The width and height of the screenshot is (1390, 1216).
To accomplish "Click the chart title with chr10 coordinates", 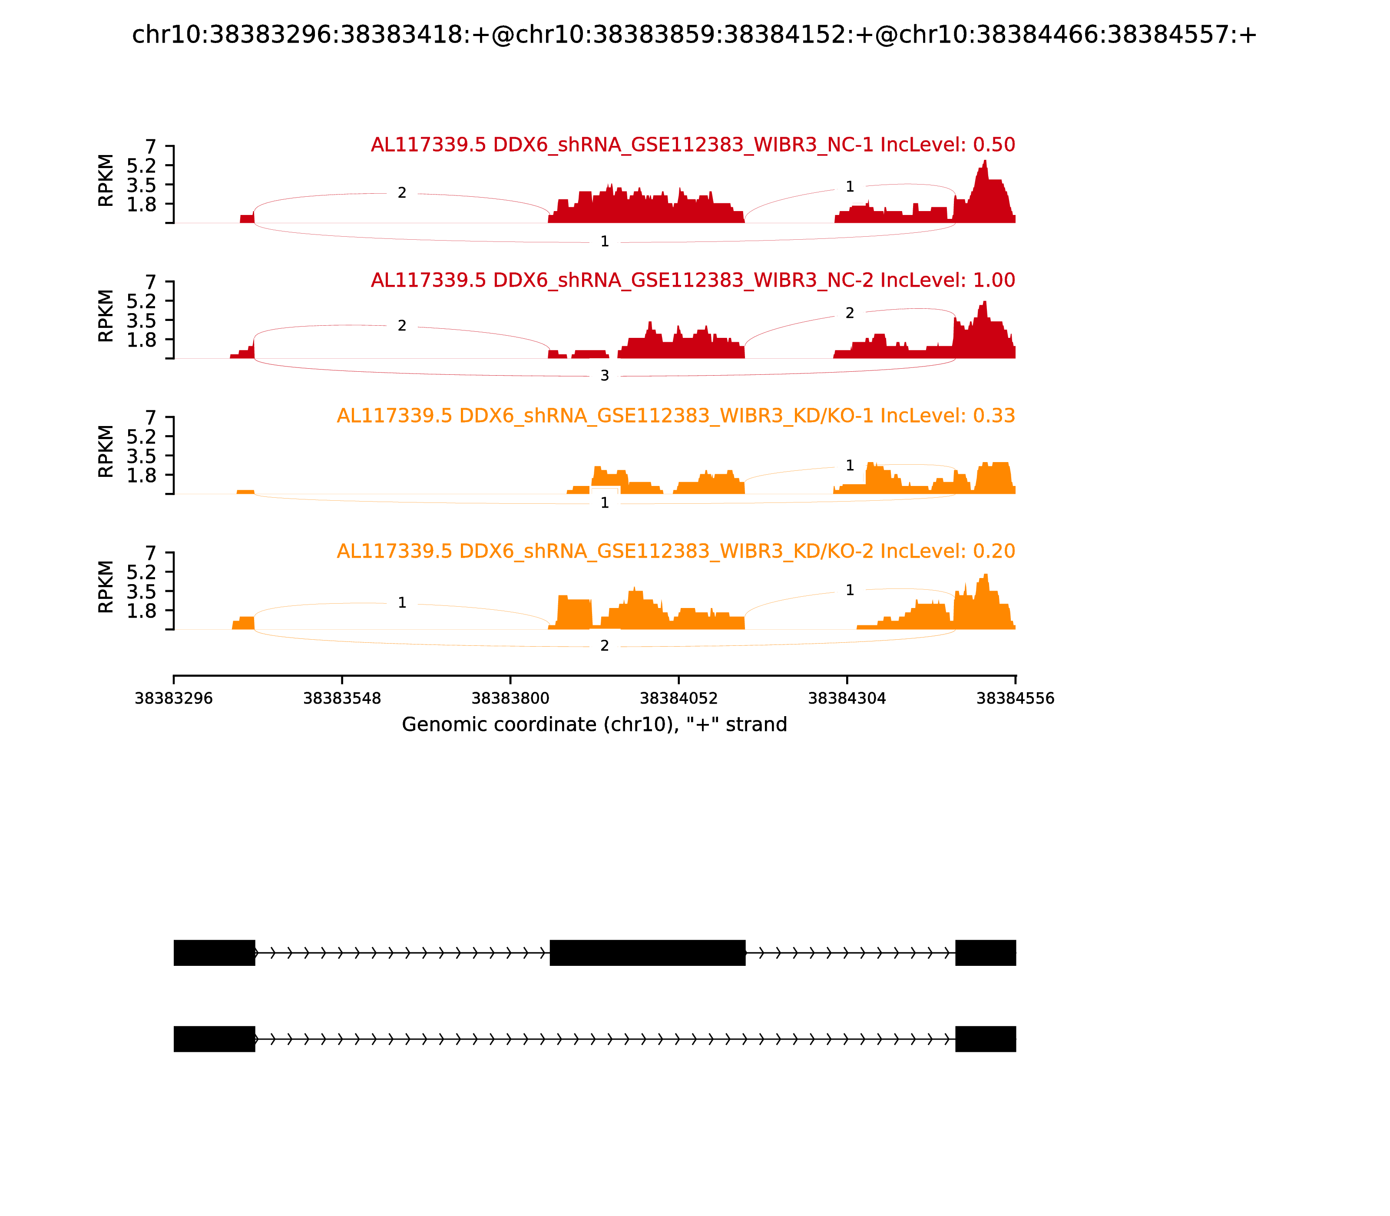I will [694, 35].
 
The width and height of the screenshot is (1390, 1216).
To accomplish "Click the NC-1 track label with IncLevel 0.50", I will [692, 145].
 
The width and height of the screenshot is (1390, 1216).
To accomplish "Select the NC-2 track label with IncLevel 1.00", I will [692, 280].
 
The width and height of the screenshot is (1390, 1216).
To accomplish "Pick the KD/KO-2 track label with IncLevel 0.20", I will [675, 551].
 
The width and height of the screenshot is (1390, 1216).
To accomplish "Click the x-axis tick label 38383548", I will [342, 698].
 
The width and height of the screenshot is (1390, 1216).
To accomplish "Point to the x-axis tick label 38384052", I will [678, 698].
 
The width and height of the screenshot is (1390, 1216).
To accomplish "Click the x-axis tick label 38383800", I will [510, 698].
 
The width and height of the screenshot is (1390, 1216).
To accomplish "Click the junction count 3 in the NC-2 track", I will [605, 376].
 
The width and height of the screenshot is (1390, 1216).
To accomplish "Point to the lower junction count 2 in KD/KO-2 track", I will [605, 646].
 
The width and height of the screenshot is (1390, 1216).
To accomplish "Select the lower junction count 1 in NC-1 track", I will [605, 241].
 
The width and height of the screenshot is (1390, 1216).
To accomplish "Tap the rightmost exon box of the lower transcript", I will [986, 1039].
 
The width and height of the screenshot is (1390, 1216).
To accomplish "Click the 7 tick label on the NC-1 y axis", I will [151, 147].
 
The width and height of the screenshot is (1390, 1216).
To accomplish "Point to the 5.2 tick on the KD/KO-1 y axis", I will [141, 436].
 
